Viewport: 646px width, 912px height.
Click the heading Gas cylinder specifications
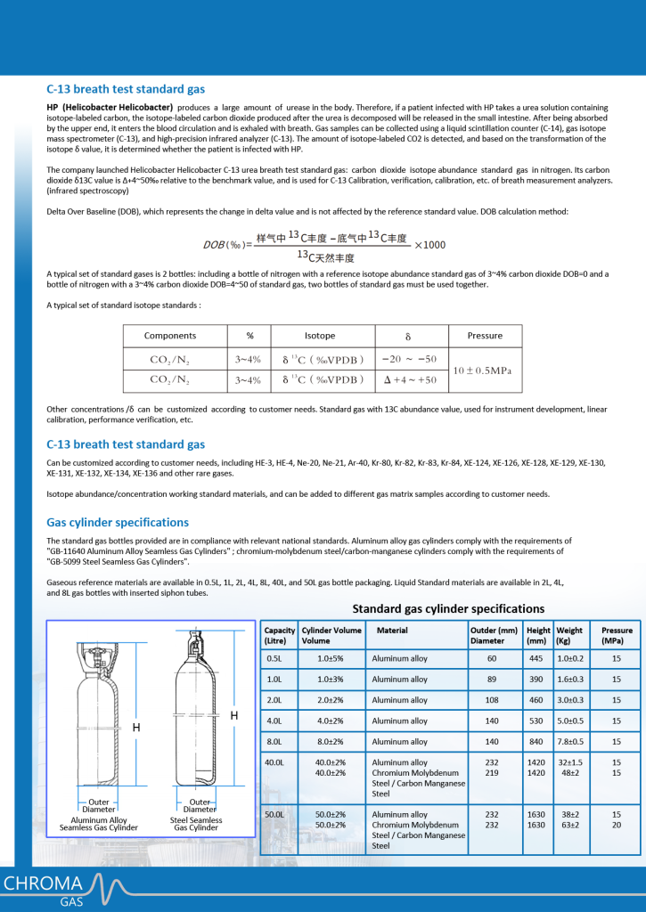click(x=118, y=522)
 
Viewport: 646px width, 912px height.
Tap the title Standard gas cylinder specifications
click(x=448, y=608)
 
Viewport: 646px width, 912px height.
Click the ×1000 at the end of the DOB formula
click(x=430, y=245)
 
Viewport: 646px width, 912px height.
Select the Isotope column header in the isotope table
click(x=320, y=336)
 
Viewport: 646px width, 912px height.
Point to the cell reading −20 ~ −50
click(x=409, y=359)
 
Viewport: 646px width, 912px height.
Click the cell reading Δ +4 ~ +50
click(x=409, y=379)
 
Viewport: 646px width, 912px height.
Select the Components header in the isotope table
click(x=170, y=336)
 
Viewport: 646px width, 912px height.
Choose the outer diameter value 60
click(x=492, y=659)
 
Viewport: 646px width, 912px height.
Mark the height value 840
click(x=536, y=741)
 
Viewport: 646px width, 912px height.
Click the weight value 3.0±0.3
click(x=570, y=700)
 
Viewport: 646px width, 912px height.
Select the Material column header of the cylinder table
click(x=392, y=630)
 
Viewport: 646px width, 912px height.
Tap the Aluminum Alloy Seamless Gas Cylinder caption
click(x=99, y=824)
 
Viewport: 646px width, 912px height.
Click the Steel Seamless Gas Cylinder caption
click(x=195, y=824)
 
